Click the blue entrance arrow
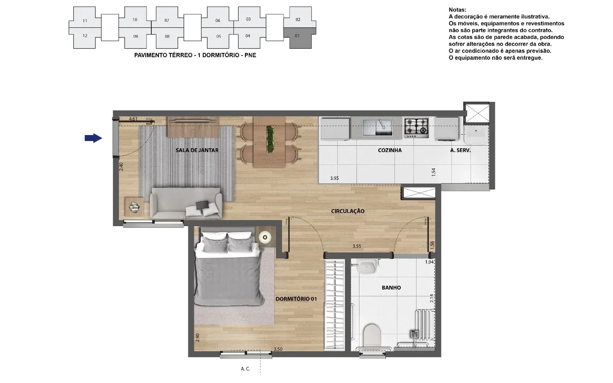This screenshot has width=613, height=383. click(93, 138)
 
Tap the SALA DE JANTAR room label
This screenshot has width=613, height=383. click(197, 150)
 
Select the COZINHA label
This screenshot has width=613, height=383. click(390, 150)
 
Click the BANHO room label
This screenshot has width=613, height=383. click(391, 288)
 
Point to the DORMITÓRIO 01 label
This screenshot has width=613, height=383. click(296, 299)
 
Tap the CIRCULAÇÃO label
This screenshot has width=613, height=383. click(348, 211)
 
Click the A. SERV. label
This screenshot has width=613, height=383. click(460, 150)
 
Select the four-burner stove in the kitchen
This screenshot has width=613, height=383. click(417, 128)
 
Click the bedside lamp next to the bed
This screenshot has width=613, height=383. click(265, 237)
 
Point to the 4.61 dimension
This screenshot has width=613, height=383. click(133, 119)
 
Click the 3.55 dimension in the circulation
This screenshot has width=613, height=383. click(357, 246)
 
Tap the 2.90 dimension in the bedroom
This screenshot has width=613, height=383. click(197, 338)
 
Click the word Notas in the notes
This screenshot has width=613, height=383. click(457, 10)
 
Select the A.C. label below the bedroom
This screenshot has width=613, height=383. click(245, 369)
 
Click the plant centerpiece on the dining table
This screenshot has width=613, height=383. click(270, 139)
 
